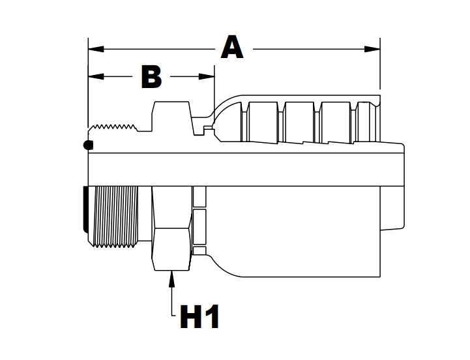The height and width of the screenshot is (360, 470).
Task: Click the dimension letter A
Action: click(x=232, y=48)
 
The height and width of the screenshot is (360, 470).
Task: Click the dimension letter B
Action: click(x=151, y=76)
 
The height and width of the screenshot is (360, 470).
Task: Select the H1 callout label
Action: click(x=199, y=318)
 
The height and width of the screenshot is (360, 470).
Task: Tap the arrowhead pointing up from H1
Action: click(x=172, y=277)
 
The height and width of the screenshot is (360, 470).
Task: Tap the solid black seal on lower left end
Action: click(x=87, y=209)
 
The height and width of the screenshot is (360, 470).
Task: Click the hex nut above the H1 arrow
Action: click(x=171, y=228)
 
